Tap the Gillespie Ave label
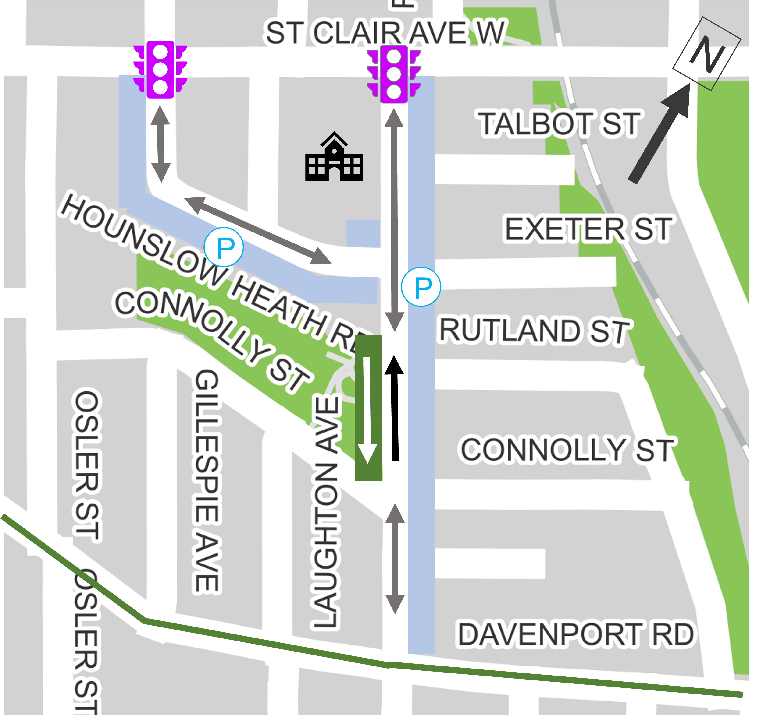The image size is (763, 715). click(x=207, y=481)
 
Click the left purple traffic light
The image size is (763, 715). click(x=160, y=69)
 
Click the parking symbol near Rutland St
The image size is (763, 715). click(x=421, y=287)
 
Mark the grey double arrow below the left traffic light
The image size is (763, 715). click(x=160, y=144)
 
